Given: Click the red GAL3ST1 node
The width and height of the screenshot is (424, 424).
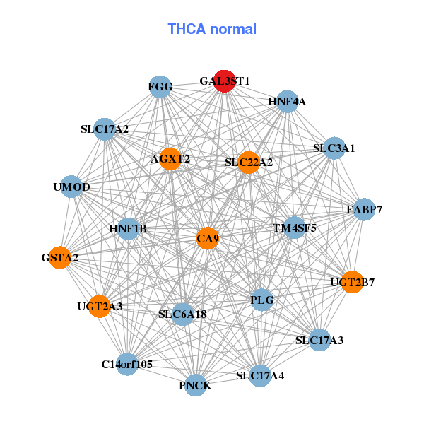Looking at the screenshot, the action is point(225,81).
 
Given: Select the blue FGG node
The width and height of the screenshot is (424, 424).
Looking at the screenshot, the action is point(160,87).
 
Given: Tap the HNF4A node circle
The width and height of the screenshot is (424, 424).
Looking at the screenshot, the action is point(287,102).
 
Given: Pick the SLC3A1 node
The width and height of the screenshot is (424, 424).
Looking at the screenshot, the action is point(334,148).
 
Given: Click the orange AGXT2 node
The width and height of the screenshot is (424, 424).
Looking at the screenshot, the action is point(170,159).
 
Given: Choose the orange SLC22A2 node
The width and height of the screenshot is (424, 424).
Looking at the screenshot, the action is point(249,163).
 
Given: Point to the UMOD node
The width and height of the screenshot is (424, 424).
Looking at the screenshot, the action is point(71,187).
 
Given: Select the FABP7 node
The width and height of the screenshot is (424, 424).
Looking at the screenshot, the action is point(364,210).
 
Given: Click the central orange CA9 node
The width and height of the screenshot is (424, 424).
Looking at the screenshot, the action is point(207,239).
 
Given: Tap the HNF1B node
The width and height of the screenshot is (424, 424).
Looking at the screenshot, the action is point(128,229).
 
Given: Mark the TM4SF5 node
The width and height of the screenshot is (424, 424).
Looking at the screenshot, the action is point(295,228).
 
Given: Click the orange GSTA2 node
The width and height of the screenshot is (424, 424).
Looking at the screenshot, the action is point(60,258).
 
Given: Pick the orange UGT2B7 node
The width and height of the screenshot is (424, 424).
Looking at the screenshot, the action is point(353,282).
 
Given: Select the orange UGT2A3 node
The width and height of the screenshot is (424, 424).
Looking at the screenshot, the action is point(100,307).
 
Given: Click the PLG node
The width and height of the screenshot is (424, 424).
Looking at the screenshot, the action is point(261,300).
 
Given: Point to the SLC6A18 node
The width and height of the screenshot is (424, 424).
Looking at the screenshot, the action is point(183,314).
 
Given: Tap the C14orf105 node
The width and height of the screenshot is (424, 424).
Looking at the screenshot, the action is point(127,364).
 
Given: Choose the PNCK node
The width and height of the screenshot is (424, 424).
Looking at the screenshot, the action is point(195,385).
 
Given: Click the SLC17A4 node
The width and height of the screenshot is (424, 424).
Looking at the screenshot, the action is point(260,376).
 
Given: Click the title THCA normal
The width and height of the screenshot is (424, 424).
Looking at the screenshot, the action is point(212,29).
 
